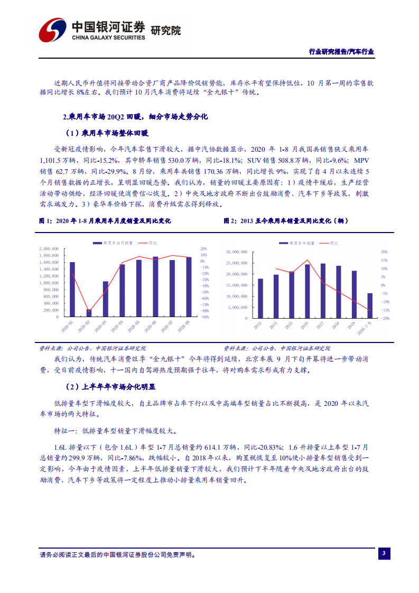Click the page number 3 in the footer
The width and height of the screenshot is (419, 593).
pos(384,553)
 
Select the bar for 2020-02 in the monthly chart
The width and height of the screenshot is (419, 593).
pos(89,313)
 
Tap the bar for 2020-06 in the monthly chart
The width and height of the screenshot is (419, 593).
pos(155,287)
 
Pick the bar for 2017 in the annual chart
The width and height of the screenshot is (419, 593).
pos(323,291)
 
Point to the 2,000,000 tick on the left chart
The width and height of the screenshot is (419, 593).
pos(49,248)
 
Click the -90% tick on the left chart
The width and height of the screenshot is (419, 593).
pos(205,317)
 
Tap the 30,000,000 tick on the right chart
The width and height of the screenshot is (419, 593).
pos(236,252)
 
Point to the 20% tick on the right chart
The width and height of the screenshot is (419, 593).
pos(384,252)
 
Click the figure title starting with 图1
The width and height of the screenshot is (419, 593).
pos(105,221)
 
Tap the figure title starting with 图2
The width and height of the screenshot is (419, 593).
pos(286,221)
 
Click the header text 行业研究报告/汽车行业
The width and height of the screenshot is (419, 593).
pos(341,52)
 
